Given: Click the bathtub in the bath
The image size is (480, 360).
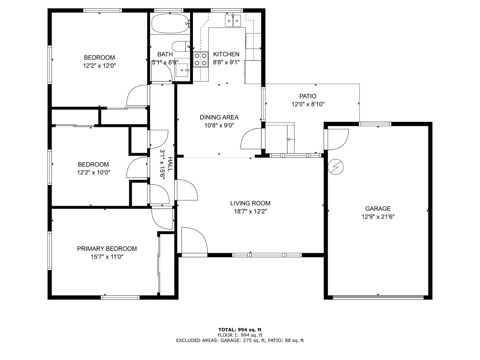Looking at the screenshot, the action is click(170, 24).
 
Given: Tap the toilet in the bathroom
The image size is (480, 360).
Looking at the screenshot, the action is click(180, 46).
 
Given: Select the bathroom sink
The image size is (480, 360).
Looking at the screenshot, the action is click(182, 70).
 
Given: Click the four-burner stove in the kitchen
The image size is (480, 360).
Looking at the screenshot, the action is click(201, 60).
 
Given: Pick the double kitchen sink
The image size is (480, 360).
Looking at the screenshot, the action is click(233, 20).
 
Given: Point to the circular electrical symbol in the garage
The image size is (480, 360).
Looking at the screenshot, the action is click(336, 166).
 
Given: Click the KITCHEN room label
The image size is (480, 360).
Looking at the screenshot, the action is click(226, 54).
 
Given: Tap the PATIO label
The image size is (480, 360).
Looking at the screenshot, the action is click(308, 96).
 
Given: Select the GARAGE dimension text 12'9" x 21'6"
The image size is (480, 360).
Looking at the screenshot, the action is click(378, 217).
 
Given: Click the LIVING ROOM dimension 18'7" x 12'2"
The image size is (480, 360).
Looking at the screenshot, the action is click(250, 212).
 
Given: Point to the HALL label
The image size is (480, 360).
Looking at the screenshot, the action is click(170, 164).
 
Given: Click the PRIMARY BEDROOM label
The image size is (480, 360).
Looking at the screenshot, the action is click(107, 249).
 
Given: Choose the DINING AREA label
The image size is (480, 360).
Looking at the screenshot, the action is click(219, 117).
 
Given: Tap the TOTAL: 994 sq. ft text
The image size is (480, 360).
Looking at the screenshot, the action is click(240, 330).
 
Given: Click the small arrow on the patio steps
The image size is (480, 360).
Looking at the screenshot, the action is click(289, 139).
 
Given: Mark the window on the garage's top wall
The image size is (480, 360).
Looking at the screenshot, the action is click(375, 124).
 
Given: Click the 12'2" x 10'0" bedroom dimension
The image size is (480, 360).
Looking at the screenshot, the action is click(93, 172).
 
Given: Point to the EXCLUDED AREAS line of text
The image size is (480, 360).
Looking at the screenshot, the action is click(240, 340).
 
